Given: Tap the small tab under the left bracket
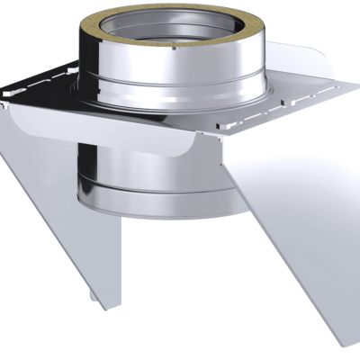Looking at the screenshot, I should (x=94, y=298).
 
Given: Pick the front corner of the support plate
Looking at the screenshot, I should (x=216, y=135).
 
